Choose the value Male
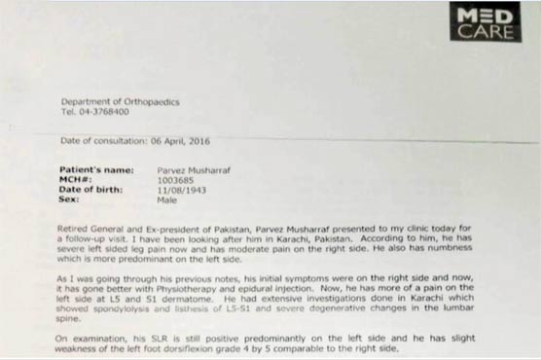[x=166, y=198]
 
